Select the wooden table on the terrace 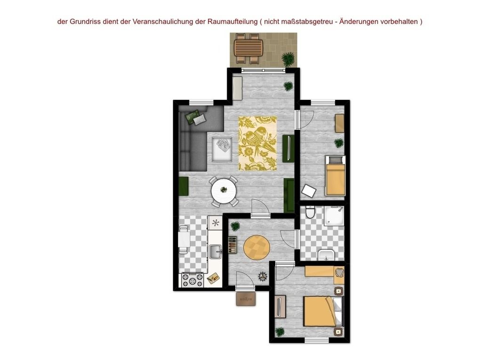coord(248,48)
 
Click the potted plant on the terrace coord(288,59)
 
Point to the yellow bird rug coord(258,144)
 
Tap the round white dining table coord(224,191)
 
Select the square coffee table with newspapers coord(222,149)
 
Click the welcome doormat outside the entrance coord(246,299)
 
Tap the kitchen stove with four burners coord(193,280)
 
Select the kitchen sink coord(216,252)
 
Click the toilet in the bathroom coord(310,212)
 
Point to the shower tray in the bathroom coord(334,216)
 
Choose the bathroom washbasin coord(326,255)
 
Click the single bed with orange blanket coord(335,176)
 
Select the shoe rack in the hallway coord(232,245)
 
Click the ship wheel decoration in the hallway coord(262,276)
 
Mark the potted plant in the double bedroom coord(280,332)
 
